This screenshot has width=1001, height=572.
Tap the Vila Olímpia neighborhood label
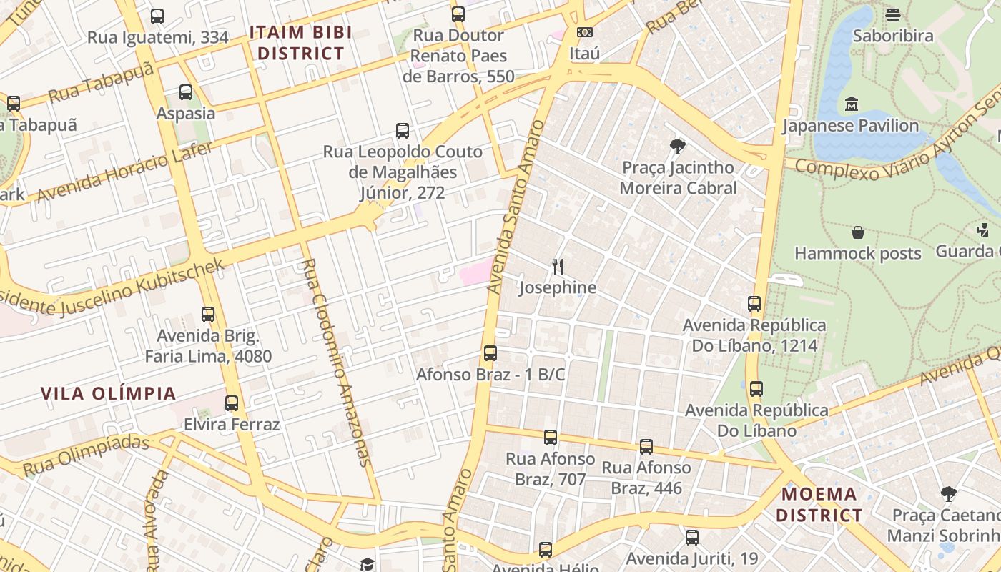tap(108, 393)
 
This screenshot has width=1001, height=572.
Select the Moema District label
tap(819, 504)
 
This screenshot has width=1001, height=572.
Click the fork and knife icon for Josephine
tap(558, 267)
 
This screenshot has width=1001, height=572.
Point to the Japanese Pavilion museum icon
tap(851, 104)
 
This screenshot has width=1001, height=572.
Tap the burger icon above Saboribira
tap(892, 14)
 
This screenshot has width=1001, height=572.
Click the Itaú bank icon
tap(584, 32)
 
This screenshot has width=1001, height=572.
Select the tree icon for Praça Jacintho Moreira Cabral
tap(677, 147)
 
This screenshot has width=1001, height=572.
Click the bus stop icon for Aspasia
tap(186, 92)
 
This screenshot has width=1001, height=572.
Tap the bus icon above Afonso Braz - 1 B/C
tap(490, 352)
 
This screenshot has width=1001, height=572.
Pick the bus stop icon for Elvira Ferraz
tap(231, 403)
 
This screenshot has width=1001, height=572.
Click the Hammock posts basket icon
tap(857, 232)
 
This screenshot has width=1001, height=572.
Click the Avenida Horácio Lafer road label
tap(125, 172)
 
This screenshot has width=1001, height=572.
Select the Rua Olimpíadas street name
tap(86, 455)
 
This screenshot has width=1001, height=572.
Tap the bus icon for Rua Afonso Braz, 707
tap(550, 437)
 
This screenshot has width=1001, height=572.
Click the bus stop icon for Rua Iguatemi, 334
tap(157, 16)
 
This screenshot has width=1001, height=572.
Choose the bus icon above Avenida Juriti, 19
tap(691, 536)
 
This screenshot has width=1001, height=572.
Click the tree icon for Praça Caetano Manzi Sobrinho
tap(948, 493)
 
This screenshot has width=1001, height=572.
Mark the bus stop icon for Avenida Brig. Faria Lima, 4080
tap(208, 314)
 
